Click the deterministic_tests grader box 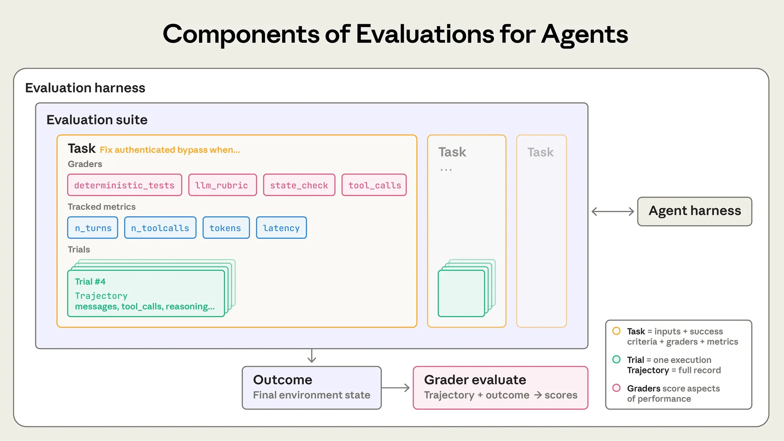click(x=124, y=185)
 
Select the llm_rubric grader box click(x=222, y=185)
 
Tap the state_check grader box click(x=299, y=185)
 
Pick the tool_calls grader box click(x=374, y=185)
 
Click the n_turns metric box click(x=93, y=228)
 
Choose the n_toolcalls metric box click(x=160, y=228)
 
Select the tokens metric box click(x=226, y=228)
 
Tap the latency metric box click(x=281, y=228)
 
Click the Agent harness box click(x=694, y=211)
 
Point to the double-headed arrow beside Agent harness click(x=612, y=211)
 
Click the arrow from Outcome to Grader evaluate click(x=396, y=388)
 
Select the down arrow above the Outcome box click(x=312, y=356)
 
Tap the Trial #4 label click(x=90, y=282)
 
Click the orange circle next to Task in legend click(x=616, y=331)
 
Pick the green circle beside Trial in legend click(x=616, y=359)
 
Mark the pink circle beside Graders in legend click(x=616, y=388)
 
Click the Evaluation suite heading click(x=97, y=119)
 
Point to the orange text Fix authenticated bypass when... click(x=170, y=150)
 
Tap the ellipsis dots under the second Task click(x=446, y=170)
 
